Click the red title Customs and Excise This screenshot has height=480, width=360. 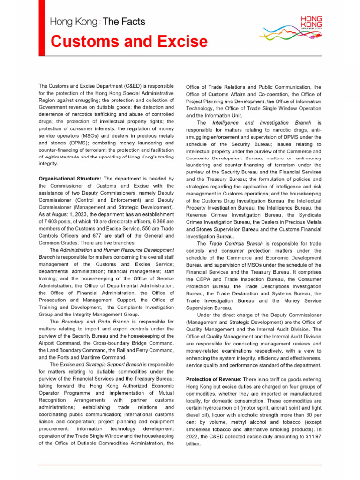[128, 42]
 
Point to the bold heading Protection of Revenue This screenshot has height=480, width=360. [214, 378]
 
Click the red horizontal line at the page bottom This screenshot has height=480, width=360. [180, 465]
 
